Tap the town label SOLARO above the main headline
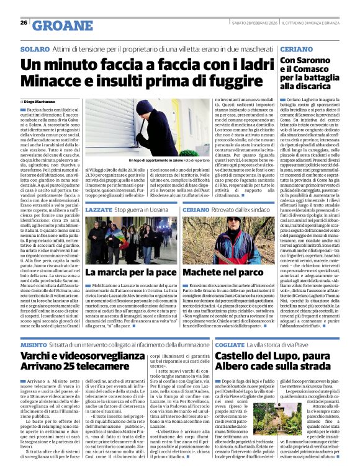(34, 48)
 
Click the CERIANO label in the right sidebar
(296, 48)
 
